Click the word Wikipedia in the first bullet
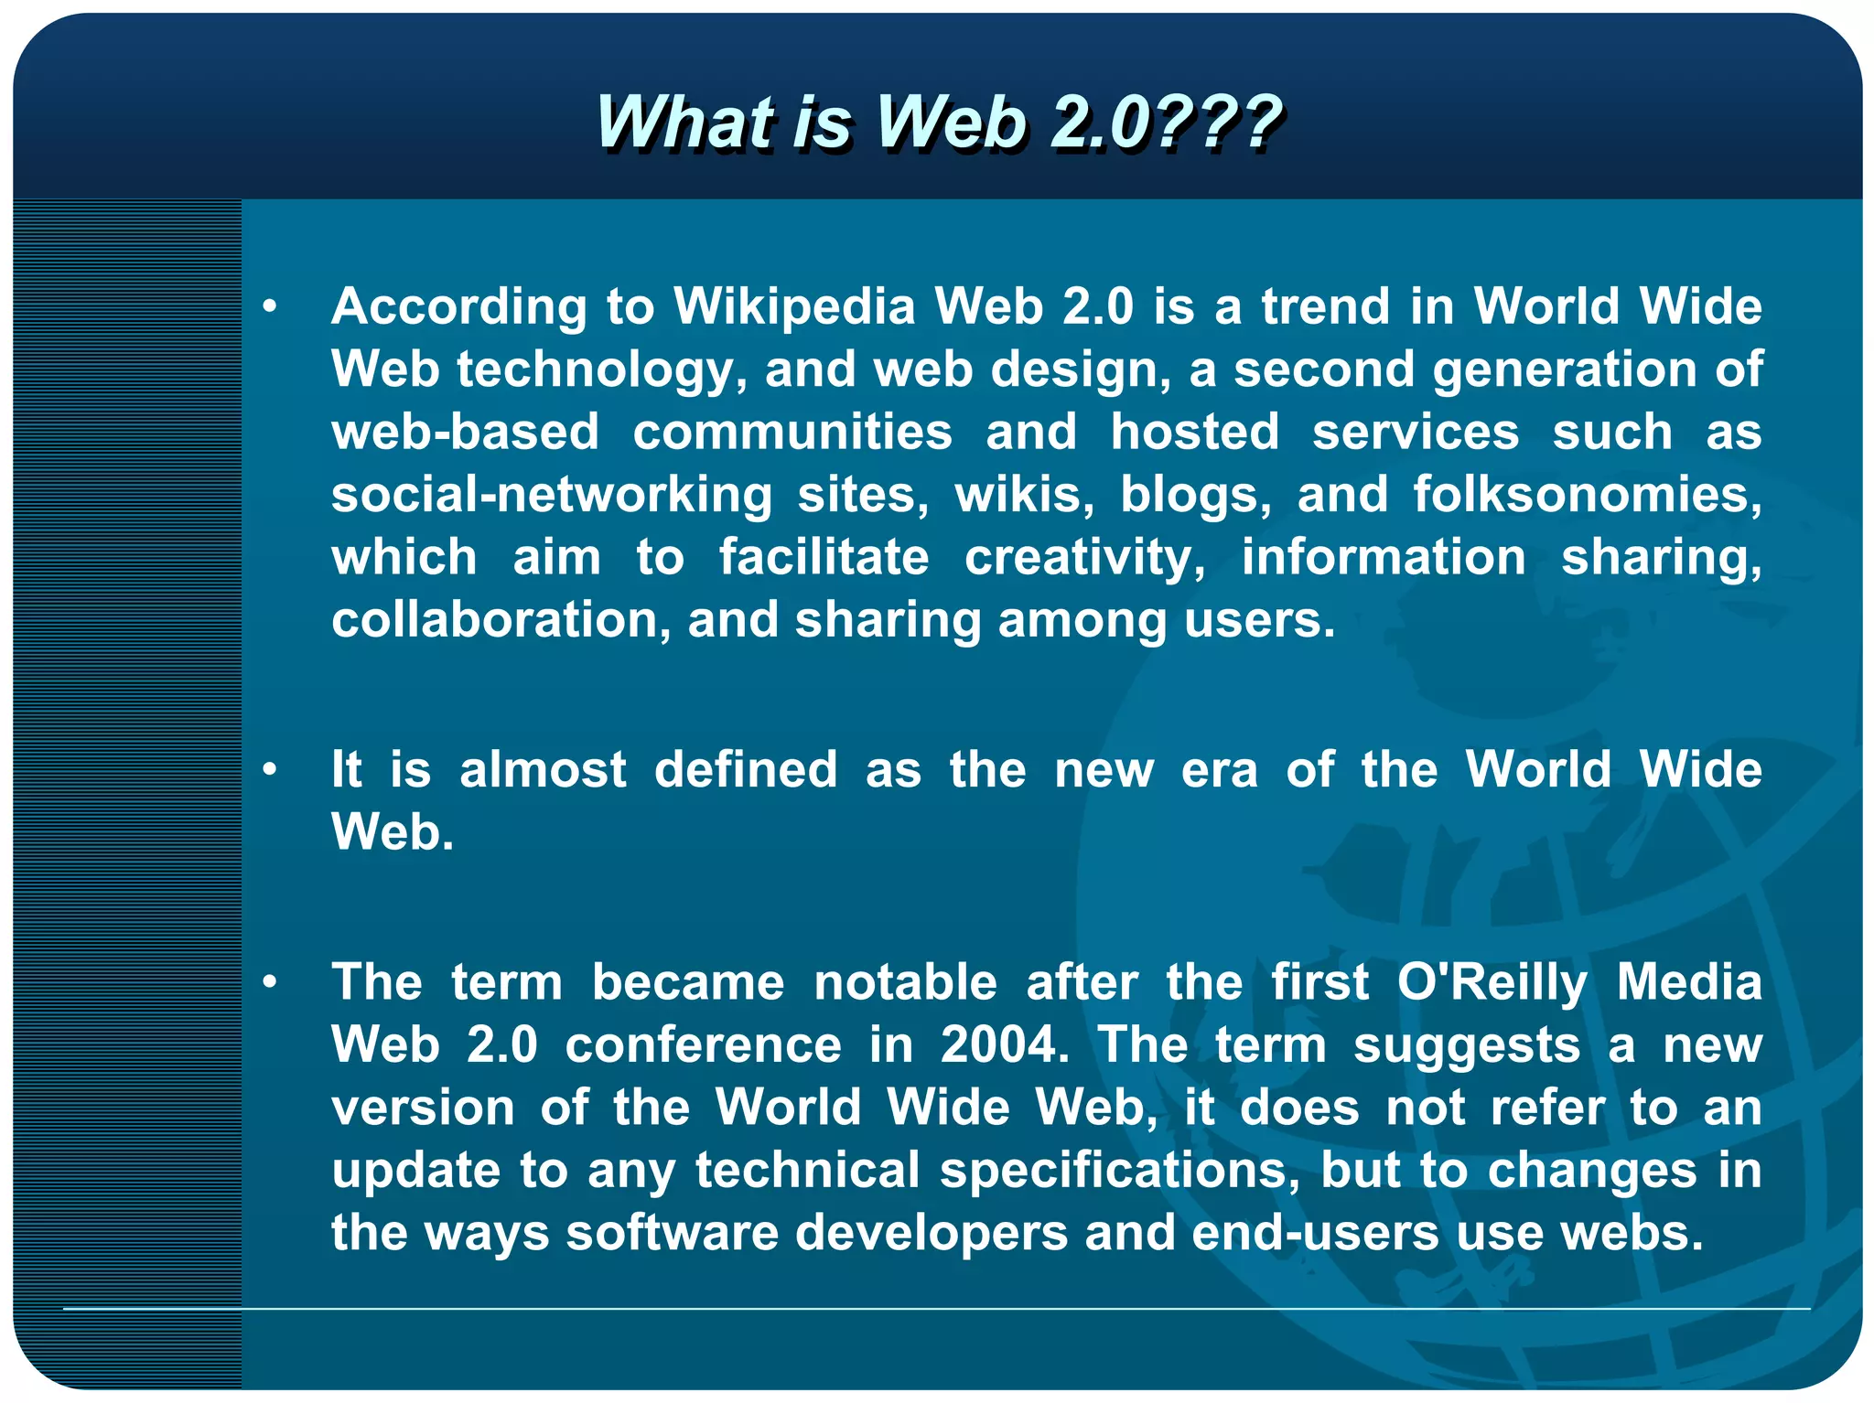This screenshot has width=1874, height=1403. pos(794,306)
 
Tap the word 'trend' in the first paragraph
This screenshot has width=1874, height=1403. pos(1327,306)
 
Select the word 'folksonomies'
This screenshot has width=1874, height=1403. pos(1588,495)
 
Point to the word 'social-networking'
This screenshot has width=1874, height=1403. pos(552,495)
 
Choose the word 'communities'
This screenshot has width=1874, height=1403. pos(792,432)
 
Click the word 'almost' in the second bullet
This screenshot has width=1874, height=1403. pos(543,769)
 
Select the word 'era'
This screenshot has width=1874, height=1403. pos(1219,769)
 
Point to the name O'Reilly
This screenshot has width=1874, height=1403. pos(1492,983)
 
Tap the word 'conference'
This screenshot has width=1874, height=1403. pos(703,1044)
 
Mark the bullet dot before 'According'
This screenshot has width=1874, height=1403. pos(269,306)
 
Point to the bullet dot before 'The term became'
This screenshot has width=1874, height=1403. pos(269,982)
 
